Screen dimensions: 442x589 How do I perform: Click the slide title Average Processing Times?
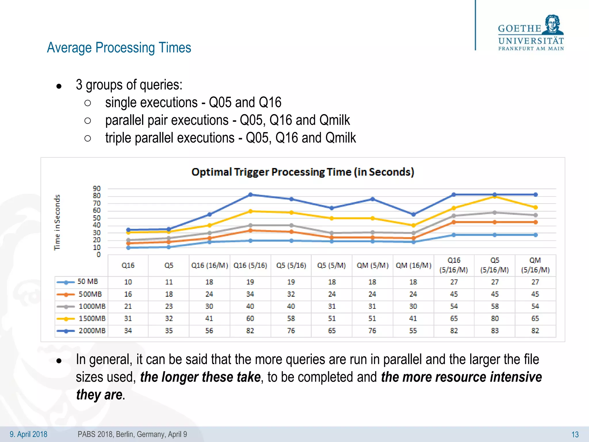point(119,48)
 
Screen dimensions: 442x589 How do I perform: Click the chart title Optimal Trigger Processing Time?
point(303,172)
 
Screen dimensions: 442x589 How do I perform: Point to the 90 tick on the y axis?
point(97,189)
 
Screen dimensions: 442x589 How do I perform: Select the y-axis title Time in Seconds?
point(57,222)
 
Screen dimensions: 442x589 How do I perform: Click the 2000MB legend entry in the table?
point(81,331)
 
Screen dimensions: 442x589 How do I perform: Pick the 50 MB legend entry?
point(78,282)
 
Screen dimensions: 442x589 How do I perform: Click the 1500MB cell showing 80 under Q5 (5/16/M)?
point(495,319)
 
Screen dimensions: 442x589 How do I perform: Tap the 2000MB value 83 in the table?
point(495,331)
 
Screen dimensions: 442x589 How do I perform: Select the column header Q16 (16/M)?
point(209,266)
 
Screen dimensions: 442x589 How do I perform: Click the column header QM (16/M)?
point(413,266)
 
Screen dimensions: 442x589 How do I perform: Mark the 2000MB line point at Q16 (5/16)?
point(250,195)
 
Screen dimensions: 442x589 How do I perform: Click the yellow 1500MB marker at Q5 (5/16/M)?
point(495,197)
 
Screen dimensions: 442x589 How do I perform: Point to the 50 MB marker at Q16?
point(128,247)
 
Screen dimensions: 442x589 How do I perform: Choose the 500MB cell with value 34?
point(250,294)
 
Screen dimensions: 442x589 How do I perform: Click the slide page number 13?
point(575,435)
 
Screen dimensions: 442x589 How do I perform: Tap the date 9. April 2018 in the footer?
point(28,434)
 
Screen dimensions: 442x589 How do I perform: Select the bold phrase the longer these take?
point(200,377)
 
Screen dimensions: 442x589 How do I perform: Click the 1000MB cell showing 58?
point(495,306)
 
